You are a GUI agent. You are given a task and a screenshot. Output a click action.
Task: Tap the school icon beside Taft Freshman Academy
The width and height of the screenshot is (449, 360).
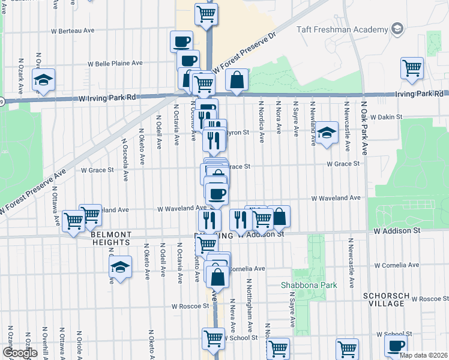[397, 29]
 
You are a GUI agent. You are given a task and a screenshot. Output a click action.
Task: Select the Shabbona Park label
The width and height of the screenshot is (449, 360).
[309, 285]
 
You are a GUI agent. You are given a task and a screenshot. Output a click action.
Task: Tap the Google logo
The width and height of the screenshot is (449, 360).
[19, 353]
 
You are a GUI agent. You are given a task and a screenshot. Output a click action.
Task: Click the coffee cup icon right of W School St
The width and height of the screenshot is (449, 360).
[396, 347]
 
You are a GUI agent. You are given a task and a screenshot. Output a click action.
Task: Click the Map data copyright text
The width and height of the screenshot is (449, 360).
[423, 355]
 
